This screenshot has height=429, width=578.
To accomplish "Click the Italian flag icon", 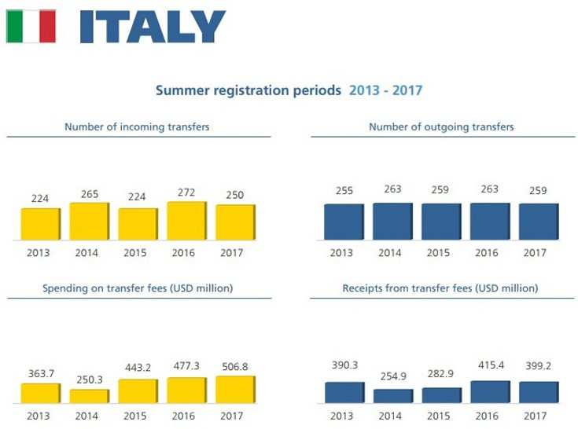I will [30, 27].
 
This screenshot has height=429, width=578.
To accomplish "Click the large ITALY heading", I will [152, 27].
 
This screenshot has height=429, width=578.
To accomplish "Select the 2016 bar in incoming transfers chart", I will [186, 221].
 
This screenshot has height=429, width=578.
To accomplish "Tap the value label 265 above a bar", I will [89, 194].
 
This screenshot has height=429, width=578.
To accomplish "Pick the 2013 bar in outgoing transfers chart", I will [343, 222].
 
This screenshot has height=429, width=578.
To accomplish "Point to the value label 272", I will [186, 192].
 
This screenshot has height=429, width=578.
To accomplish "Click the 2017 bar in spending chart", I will [235, 390].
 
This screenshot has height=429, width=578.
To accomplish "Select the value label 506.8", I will [234, 366].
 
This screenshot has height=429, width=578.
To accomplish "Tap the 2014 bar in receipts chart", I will [392, 395].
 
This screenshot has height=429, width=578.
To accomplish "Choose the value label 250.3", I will [89, 379].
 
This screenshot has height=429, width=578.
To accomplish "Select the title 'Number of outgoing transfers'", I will [441, 126].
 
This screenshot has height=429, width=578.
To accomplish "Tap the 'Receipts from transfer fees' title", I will [440, 288].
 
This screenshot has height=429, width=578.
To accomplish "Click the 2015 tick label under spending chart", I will [138, 415].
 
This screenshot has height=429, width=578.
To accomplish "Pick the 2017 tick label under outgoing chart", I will [534, 253].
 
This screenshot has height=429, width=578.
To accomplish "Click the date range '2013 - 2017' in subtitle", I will [385, 90].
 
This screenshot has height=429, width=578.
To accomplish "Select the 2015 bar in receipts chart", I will [440, 394].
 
